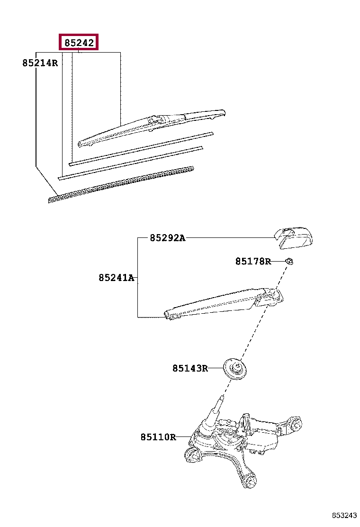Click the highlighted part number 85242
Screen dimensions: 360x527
(79, 43)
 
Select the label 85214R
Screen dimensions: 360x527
(40, 63)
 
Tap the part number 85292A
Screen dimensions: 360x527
(167, 238)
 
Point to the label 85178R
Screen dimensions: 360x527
(253, 261)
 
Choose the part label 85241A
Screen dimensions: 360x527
(116, 278)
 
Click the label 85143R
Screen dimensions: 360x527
(190, 368)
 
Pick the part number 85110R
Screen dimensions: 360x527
(158, 437)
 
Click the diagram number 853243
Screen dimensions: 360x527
(344, 516)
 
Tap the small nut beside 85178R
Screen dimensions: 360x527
(289, 261)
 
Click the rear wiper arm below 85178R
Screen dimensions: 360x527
(223, 302)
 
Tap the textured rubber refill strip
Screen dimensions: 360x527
(121, 184)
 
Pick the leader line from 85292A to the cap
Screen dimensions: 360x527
(230, 238)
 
